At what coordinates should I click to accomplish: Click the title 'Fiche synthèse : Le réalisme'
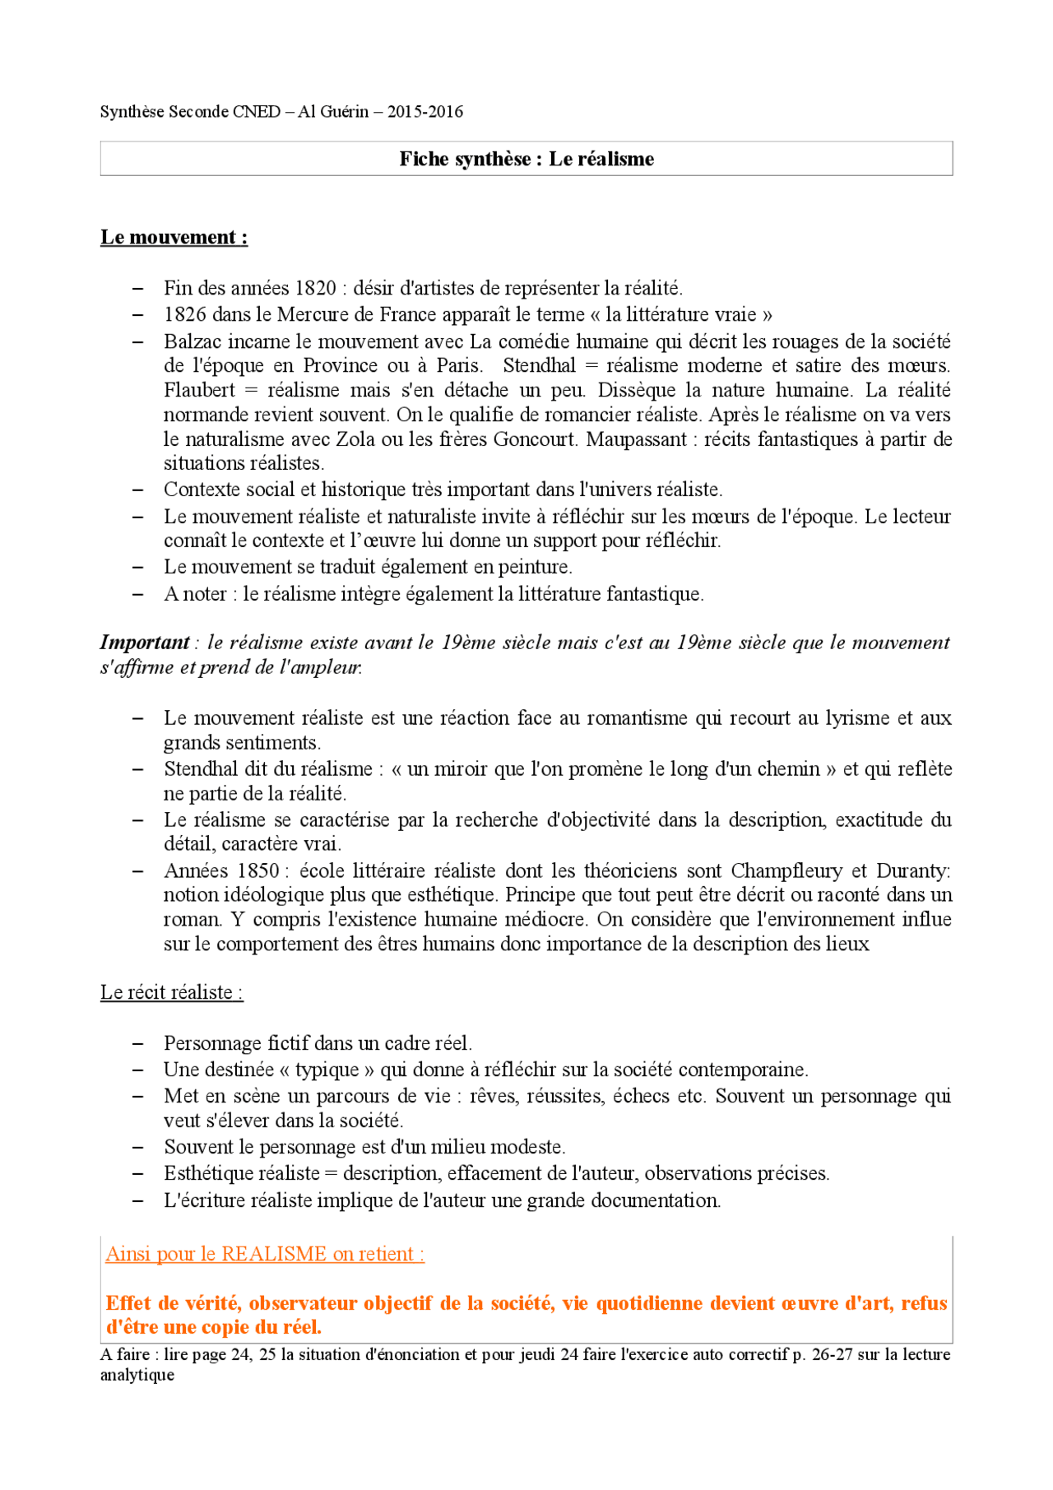pos(526,159)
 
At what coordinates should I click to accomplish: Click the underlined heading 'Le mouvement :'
pos(174,238)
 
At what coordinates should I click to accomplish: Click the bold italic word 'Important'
pos(145,643)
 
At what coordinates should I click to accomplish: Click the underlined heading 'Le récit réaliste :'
pos(171,992)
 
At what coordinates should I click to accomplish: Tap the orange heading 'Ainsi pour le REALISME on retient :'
pos(264,1254)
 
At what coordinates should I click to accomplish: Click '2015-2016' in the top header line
pos(425,112)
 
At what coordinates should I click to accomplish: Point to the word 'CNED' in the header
pos(257,112)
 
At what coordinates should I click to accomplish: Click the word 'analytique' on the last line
pos(137,1375)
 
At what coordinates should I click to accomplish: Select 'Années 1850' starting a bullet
pos(221,870)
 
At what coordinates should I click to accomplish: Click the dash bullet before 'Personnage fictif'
pos(138,1044)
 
